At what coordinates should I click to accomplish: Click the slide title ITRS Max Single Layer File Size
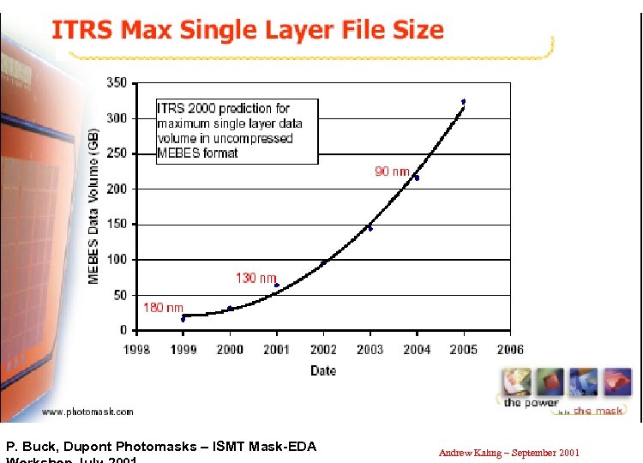click(x=248, y=31)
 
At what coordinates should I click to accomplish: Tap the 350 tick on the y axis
click(x=117, y=83)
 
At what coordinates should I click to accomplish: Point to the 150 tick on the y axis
click(x=117, y=225)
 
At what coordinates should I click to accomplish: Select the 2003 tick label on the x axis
click(x=370, y=349)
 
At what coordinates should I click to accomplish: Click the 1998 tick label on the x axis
click(x=136, y=349)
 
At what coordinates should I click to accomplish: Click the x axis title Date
click(x=323, y=370)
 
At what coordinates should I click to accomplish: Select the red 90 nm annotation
click(x=392, y=171)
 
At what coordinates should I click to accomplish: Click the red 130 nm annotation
click(x=255, y=278)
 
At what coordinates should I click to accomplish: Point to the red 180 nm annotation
click(x=163, y=307)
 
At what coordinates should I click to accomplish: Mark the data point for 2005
click(x=463, y=101)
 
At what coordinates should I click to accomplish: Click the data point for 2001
click(x=276, y=285)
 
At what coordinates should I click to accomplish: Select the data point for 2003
click(x=370, y=228)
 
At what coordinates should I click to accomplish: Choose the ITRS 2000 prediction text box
click(x=236, y=131)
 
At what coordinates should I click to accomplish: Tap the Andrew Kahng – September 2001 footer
click(x=509, y=452)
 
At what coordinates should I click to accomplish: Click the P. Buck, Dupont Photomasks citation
click(x=161, y=446)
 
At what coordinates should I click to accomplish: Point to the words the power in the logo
click(x=532, y=402)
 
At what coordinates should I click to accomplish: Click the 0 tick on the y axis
click(x=123, y=330)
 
